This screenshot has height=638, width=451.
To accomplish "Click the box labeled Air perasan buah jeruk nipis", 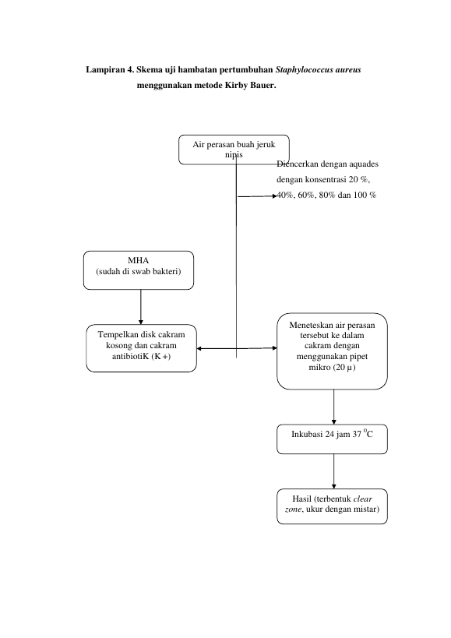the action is tap(234, 150).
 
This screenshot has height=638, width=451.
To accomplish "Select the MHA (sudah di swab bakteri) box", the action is tap(139, 270).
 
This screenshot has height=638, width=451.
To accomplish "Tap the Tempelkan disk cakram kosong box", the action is tap(141, 348).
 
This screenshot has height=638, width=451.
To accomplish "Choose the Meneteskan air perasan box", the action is tap(332, 351).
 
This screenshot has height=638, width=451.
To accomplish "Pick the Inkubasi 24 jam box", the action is tap(332, 439).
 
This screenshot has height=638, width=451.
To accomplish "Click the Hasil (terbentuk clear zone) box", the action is tap(332, 506).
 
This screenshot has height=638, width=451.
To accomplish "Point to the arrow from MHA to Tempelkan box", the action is tap(141, 307).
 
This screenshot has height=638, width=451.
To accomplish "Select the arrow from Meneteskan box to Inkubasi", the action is tap(334, 407).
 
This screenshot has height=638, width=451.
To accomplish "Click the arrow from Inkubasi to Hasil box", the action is tap(334, 471).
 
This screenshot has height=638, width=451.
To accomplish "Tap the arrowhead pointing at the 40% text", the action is tap(275, 196).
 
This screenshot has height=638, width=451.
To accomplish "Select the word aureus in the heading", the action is tap(348, 69).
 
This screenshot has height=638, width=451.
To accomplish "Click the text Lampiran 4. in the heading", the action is tap(110, 69).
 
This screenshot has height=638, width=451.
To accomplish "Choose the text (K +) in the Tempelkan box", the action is tap(160, 357).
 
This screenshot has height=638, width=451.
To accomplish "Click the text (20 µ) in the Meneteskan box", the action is tap(344, 368).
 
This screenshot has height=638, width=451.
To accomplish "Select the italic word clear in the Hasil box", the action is tap(363, 499).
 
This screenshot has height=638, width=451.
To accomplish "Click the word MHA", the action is tap(139, 260).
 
